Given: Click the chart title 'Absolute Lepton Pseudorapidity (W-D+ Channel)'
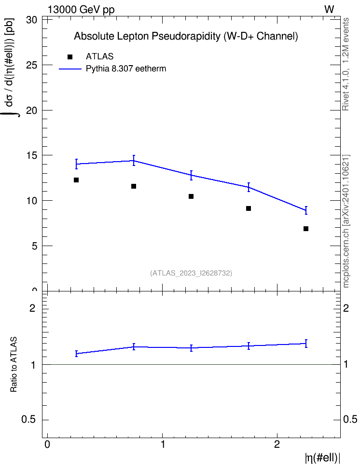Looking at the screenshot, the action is point(186,36).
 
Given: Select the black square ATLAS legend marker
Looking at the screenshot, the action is point(70,57).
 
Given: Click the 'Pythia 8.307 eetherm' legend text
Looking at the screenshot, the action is point(126,69).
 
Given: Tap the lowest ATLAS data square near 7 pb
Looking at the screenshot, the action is point(306,229).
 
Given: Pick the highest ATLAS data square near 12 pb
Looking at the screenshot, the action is point(76,180).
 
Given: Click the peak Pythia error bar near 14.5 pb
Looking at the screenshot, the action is point(134,161).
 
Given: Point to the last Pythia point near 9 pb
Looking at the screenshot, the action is point(306,210).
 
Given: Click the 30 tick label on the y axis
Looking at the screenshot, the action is point(31,20).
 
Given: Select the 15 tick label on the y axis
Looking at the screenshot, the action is point(31,155).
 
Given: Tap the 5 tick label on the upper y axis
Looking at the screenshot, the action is point(34,246).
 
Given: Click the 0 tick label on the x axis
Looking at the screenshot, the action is point(47,444).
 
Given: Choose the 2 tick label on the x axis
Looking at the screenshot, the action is point(277,444).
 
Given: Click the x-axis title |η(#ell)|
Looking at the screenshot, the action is point(322,458).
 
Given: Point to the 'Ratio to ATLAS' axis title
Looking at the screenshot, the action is point(14,364).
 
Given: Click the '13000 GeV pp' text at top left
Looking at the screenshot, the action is point(81,10).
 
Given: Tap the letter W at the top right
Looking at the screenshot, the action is point(329,9).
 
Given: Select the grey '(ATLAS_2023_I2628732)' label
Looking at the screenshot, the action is point(191,273).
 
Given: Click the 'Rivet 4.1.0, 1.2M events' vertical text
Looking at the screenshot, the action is point(346,64).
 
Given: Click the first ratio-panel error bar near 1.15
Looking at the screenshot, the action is point(76,354).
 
